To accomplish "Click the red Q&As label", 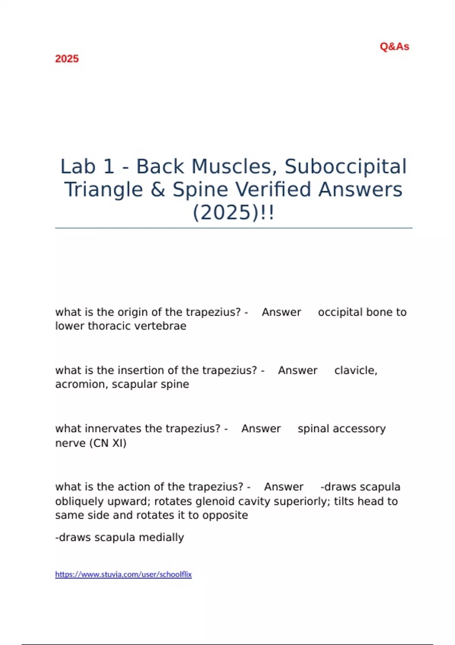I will (x=394, y=47).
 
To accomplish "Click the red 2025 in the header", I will (x=67, y=59).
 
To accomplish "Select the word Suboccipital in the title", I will (x=345, y=167).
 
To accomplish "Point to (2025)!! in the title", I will (x=233, y=212).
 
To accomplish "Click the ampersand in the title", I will (x=157, y=190).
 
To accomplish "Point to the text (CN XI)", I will (x=108, y=443).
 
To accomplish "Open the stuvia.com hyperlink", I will (x=123, y=574).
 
